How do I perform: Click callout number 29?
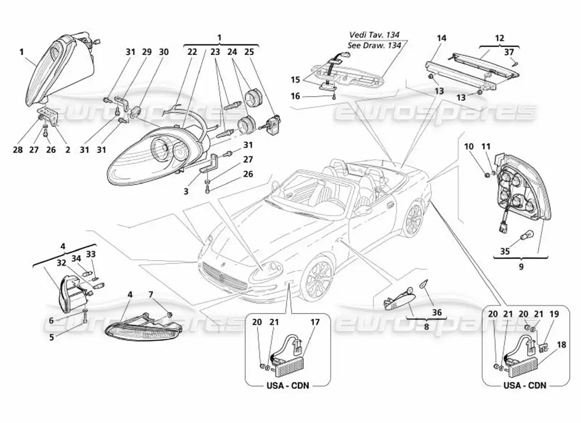click(x=147, y=52)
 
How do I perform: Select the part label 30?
click(x=164, y=52)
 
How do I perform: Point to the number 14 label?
click(x=442, y=38)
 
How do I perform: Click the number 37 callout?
click(x=509, y=52)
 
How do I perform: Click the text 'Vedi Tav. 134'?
click(x=374, y=35)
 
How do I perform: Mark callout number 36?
click(x=436, y=312)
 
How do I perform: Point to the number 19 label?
click(x=539, y=314)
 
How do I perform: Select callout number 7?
click(x=151, y=294)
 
